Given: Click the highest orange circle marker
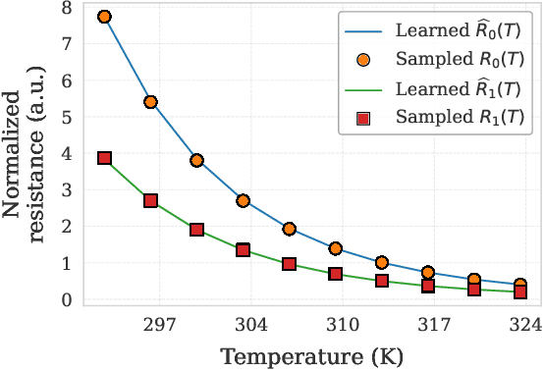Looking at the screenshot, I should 104,17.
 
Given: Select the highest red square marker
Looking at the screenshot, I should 104,158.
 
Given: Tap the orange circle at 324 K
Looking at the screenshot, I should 520,285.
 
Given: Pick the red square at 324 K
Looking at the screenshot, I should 520,292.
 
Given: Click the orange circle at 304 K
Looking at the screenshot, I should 244,201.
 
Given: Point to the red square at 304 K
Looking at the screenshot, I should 244,250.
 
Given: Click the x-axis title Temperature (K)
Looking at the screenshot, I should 313,355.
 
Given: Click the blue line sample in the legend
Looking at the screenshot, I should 362,25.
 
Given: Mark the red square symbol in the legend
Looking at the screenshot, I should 362,119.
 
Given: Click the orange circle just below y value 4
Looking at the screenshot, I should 196,160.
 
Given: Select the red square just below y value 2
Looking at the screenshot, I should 196,230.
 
